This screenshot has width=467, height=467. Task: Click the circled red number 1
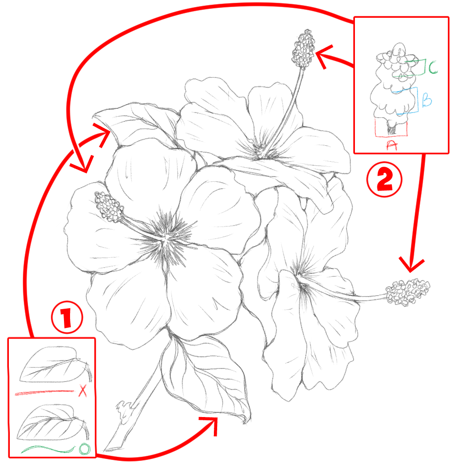click(x=67, y=317)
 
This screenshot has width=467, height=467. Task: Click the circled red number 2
click(x=384, y=180)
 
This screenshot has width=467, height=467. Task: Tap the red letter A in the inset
click(x=391, y=145)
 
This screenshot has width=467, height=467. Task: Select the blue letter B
click(x=427, y=100)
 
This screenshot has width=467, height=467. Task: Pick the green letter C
click(x=433, y=67)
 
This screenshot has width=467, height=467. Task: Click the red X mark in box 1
click(x=83, y=391)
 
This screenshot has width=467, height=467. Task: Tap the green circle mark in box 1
click(x=85, y=449)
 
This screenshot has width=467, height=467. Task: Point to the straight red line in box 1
click(x=45, y=393)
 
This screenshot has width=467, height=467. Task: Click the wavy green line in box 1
click(x=48, y=449)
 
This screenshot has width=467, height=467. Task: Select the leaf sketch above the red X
click(x=55, y=365)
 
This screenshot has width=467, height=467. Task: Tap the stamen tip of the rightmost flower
click(x=407, y=292)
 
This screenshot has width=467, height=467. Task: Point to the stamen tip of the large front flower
click(x=109, y=207)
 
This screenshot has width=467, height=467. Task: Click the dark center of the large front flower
click(x=165, y=237)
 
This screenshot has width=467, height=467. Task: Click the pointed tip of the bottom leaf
click(x=247, y=419)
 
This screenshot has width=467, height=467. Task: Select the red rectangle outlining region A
click(x=391, y=128)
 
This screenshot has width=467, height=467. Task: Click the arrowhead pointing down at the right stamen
click(x=411, y=266)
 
